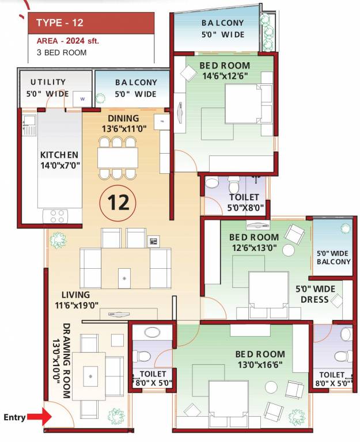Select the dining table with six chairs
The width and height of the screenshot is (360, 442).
pyautogui.click(x=118, y=157)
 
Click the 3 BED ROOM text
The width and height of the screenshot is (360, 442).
pyautogui.click(x=61, y=52)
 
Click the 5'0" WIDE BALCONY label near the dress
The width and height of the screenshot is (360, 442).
pyautogui.click(x=334, y=257)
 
